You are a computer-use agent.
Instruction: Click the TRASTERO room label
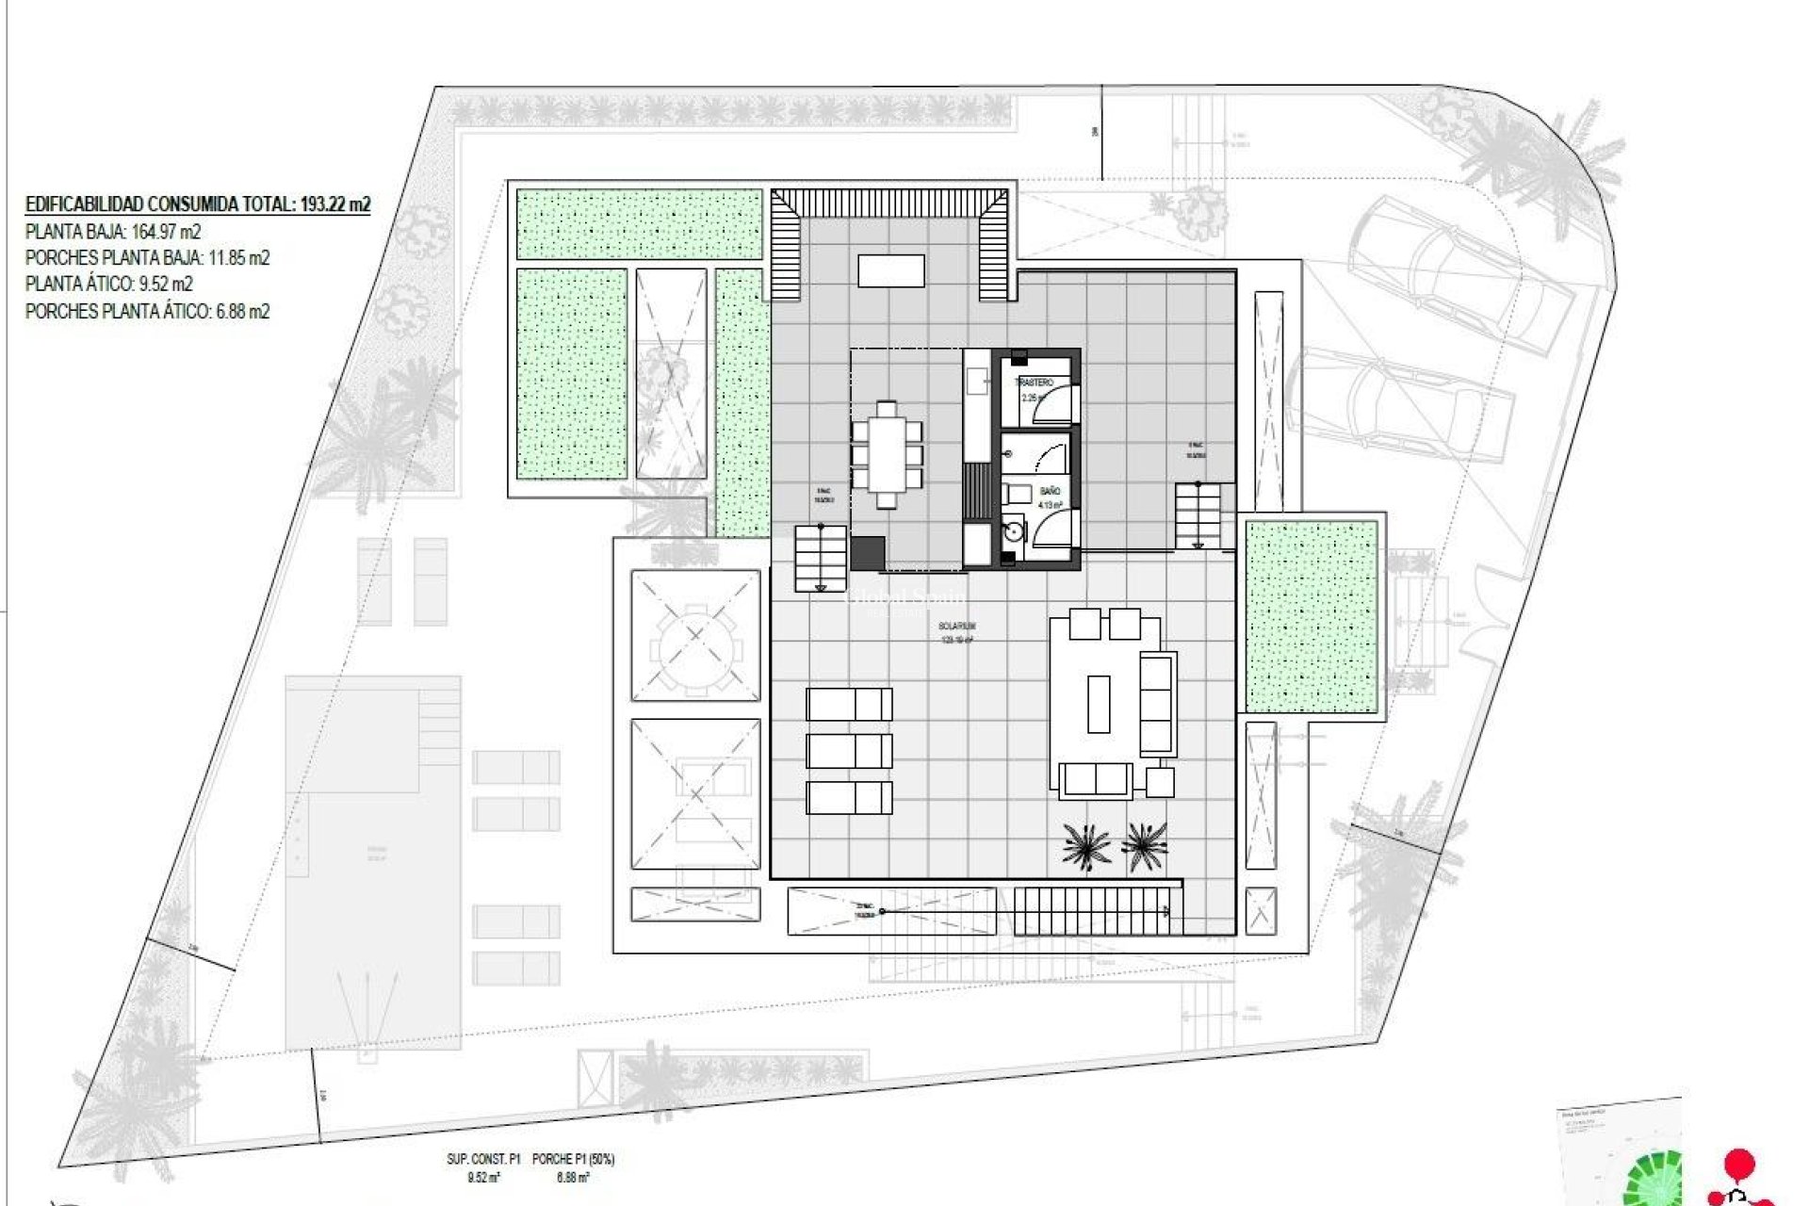(x=1034, y=383)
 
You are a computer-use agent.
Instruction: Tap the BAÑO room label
(x=1050, y=491)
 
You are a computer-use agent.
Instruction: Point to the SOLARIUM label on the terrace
(x=956, y=626)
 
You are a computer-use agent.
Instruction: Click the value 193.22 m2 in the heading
(x=335, y=204)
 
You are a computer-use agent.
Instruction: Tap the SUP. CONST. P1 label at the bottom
(x=483, y=1159)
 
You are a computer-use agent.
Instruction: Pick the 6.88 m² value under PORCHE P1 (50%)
(x=572, y=1178)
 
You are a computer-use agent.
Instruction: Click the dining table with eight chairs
(x=886, y=454)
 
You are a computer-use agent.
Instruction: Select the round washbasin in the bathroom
(x=1013, y=531)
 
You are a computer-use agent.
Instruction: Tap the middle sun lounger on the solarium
(x=849, y=751)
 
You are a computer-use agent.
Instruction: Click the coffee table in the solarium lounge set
(x=1099, y=704)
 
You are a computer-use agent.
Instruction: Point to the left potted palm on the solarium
(x=1085, y=844)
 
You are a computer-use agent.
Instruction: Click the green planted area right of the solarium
(x=1311, y=617)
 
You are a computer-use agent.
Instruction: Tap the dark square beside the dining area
(x=868, y=553)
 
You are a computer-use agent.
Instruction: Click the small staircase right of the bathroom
(x=1197, y=515)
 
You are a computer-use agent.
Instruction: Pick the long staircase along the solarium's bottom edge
(x=1091, y=911)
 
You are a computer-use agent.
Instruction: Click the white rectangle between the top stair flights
(x=890, y=270)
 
